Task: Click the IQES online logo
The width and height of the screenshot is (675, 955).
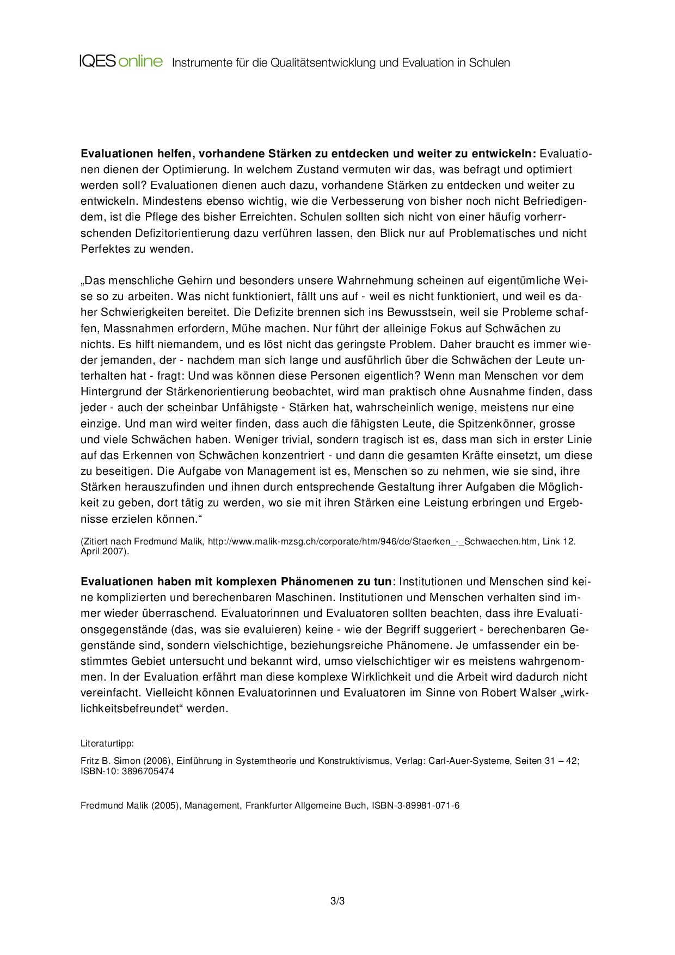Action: point(121,61)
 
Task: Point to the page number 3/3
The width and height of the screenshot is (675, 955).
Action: point(337,901)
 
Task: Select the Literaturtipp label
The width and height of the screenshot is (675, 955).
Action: point(107,744)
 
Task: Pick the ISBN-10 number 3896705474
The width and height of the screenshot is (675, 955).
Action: point(148,771)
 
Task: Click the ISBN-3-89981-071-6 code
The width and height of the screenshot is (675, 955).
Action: point(415,806)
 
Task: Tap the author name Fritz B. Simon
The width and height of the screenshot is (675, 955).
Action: point(111,761)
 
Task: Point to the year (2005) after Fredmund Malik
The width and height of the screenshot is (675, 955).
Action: point(165,806)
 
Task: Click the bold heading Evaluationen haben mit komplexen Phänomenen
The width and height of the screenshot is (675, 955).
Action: point(236,582)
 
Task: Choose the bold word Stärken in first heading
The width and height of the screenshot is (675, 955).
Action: point(289,154)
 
